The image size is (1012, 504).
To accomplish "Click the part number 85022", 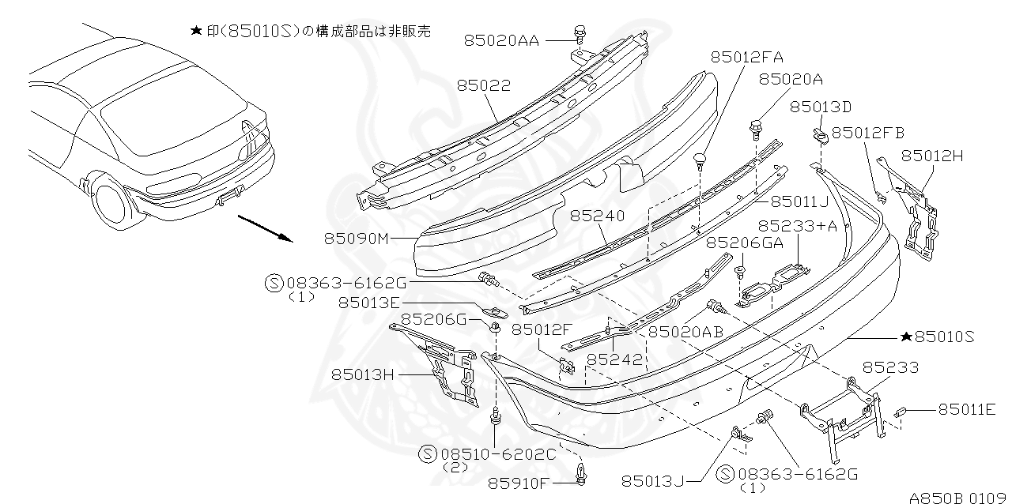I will coord(482,85).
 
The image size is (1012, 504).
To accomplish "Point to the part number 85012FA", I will coord(747,57).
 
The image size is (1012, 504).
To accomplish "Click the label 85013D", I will coord(821,107).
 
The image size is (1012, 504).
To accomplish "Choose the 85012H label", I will coord(932,156).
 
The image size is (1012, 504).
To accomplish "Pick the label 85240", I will coord(598,215).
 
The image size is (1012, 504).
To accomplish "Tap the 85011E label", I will coord(967,409).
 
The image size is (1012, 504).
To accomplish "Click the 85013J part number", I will coord(652,480).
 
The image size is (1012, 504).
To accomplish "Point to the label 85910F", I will coord(519,483).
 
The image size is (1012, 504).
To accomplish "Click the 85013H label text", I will coord(363,374).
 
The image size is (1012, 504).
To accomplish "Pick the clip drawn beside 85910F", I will coord(583,474).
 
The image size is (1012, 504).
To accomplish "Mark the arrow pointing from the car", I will coord(264,226).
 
